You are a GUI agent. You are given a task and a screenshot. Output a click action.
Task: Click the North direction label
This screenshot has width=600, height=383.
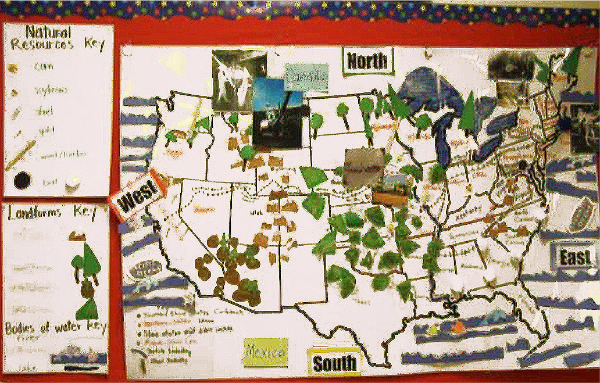pos(368,61)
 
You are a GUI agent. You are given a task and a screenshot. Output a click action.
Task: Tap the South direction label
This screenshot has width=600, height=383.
pos(334,363)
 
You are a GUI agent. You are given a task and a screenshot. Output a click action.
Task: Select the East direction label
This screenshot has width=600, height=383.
pos(574,257)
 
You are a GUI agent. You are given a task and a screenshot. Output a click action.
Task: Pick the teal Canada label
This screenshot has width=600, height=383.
pos(306,77)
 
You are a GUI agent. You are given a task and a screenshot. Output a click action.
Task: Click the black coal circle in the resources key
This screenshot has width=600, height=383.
pos(22,181)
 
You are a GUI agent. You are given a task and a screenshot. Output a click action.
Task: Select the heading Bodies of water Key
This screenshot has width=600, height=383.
pos(56,326)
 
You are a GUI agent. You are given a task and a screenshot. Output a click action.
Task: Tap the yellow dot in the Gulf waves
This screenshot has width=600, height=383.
pos(433,330)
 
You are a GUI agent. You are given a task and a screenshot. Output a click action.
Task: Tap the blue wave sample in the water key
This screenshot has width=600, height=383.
pos(78,356)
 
